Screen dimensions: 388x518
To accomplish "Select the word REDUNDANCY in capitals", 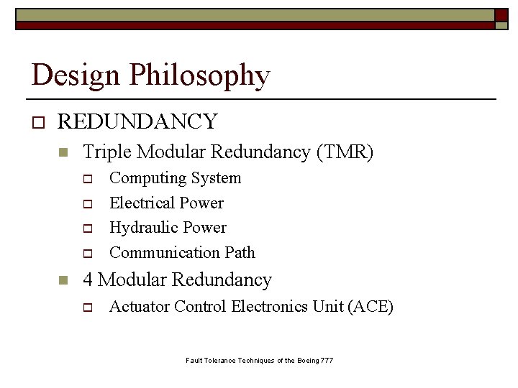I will coord(137,122).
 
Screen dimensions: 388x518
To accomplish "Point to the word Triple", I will coord(107,152).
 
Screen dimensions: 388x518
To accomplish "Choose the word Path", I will coord(239,252).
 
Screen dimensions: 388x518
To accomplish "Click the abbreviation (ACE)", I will coord(371,307).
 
